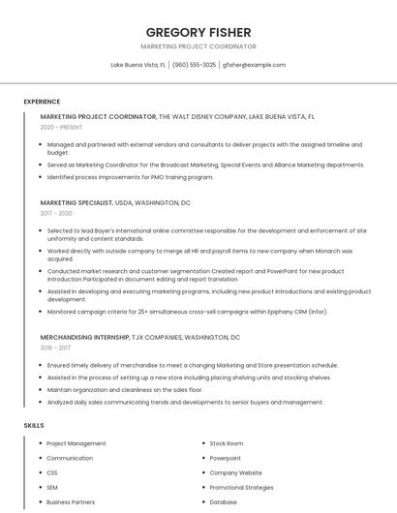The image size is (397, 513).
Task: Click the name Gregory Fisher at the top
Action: point(198,32)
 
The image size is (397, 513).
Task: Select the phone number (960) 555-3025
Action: point(194,65)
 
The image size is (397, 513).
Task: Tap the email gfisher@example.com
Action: point(254,65)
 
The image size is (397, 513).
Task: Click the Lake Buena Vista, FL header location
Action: point(137,65)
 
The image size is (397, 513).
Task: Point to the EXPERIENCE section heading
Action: point(42,100)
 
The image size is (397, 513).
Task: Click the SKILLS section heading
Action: point(34,425)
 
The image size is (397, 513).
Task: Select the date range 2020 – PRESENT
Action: point(61,127)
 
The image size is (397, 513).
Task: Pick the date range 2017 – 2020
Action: point(56,213)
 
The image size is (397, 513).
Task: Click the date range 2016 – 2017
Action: point(55,347)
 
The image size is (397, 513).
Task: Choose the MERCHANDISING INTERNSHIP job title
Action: point(84,336)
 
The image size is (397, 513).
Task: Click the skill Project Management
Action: point(76,443)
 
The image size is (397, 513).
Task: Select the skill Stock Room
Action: point(227,443)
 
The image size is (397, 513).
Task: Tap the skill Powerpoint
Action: point(226,458)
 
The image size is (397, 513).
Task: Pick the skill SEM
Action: point(52,487)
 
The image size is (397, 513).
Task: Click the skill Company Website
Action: point(235,472)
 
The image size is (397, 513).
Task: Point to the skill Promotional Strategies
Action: point(241,487)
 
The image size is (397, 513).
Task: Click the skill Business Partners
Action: point(71,502)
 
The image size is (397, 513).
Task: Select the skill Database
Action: point(224,502)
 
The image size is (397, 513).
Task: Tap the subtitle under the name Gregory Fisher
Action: point(198,45)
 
